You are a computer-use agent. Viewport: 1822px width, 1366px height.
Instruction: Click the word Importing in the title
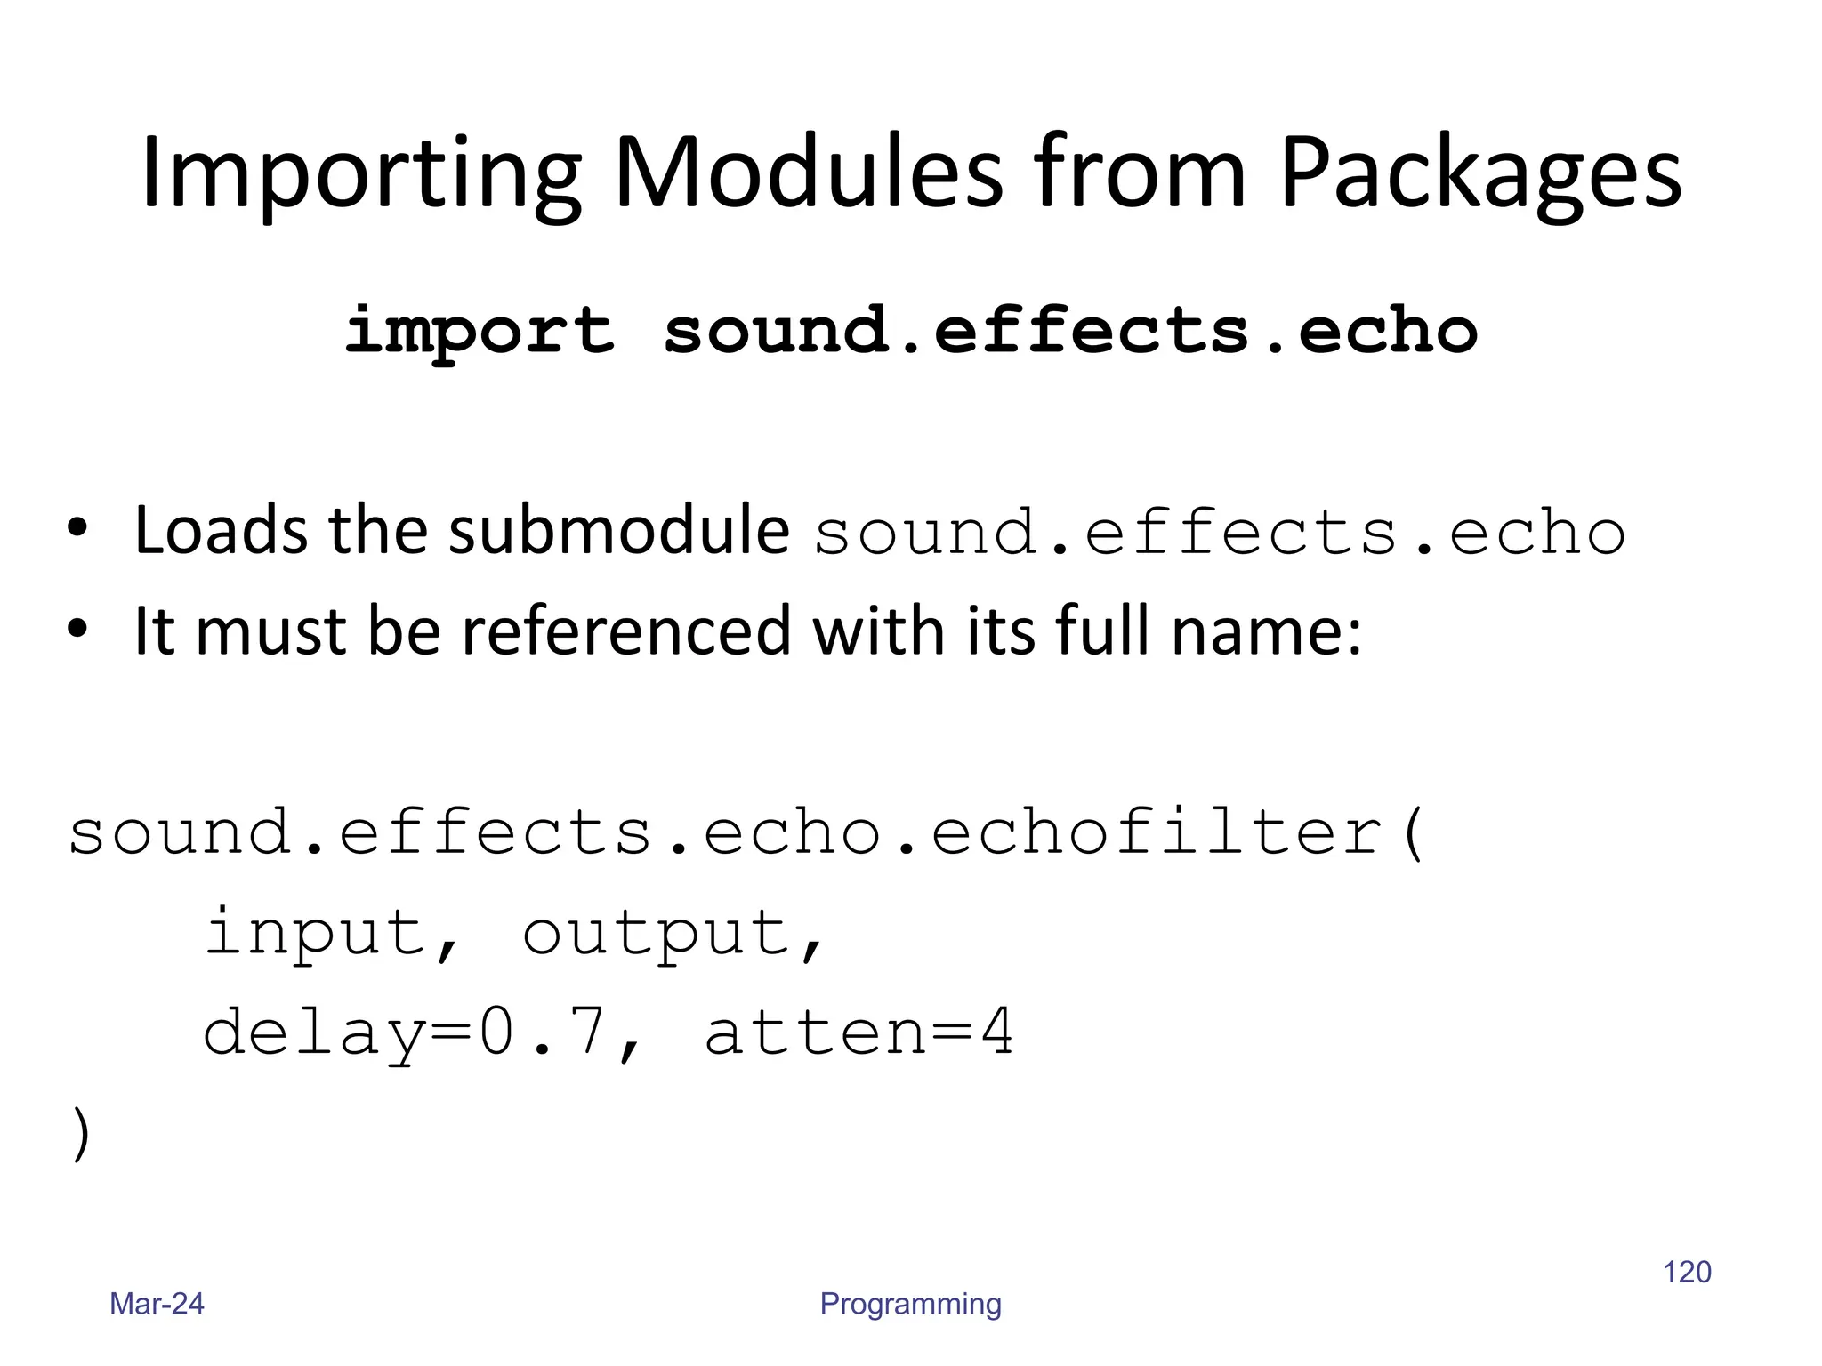click(360, 173)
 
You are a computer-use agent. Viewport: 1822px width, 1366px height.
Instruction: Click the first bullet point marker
click(78, 527)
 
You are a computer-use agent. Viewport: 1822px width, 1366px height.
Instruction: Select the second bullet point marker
click(78, 629)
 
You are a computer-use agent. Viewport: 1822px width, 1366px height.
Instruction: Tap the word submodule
click(617, 531)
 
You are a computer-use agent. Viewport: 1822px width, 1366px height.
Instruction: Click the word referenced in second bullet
click(626, 631)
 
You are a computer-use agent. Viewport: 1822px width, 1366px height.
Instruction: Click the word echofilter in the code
click(1157, 833)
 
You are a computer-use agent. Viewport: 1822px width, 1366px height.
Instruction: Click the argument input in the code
click(316, 934)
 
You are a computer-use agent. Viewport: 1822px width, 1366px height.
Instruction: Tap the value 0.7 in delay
click(543, 1033)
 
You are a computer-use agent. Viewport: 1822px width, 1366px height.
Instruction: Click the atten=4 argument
click(859, 1033)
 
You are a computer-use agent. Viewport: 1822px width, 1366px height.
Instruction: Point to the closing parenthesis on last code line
click(81, 1135)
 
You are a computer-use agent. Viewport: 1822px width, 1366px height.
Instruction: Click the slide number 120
click(1687, 1272)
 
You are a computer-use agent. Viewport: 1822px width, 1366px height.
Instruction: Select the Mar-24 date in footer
click(157, 1304)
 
